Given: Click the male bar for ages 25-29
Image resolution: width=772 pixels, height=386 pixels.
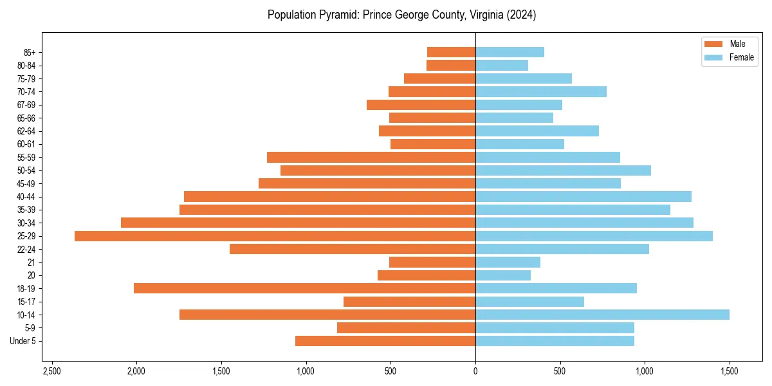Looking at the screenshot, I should [275, 236].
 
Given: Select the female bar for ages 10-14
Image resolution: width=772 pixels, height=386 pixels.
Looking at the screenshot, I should [602, 315].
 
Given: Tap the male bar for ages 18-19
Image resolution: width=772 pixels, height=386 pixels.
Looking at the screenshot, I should [304, 288].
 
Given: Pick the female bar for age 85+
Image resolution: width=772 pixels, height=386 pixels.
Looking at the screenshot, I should [510, 52].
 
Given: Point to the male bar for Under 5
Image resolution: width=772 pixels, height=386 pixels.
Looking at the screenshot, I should [385, 341].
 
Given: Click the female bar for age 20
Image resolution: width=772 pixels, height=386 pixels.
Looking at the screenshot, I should [503, 275].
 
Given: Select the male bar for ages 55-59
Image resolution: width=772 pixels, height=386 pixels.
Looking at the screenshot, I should [371, 158].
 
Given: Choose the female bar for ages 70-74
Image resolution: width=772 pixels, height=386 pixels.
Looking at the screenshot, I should [541, 91].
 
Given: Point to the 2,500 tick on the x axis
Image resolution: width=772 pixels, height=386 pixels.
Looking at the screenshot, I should [52, 371].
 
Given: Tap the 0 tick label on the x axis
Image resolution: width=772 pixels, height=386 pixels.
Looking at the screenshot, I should [475, 371].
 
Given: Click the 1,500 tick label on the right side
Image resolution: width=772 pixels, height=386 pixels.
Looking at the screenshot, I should [729, 371].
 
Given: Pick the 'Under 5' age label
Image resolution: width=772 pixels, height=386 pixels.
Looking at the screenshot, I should [23, 341].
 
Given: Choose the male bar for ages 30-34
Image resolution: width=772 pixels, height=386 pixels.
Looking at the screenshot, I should [298, 223].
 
